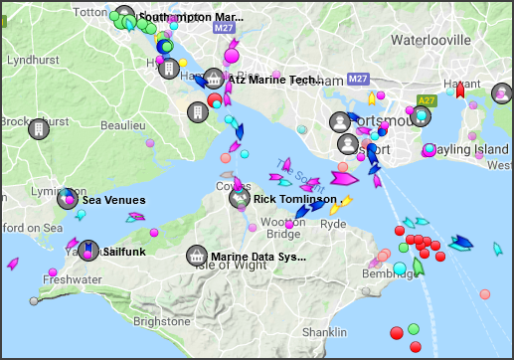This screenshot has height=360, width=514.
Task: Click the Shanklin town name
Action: click(x=325, y=332)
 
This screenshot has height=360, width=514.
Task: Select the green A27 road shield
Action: click(x=426, y=100)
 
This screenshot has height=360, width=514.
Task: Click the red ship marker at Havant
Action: click(x=459, y=90)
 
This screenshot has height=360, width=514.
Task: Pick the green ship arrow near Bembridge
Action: click(x=419, y=266)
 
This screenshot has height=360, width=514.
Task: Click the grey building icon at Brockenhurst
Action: click(x=39, y=129)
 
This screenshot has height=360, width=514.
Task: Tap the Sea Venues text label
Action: click(x=113, y=200)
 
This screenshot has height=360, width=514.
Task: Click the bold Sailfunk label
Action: click(x=124, y=252)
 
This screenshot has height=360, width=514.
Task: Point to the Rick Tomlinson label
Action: click(x=295, y=199)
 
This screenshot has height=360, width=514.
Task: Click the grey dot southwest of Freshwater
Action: click(x=34, y=300)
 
